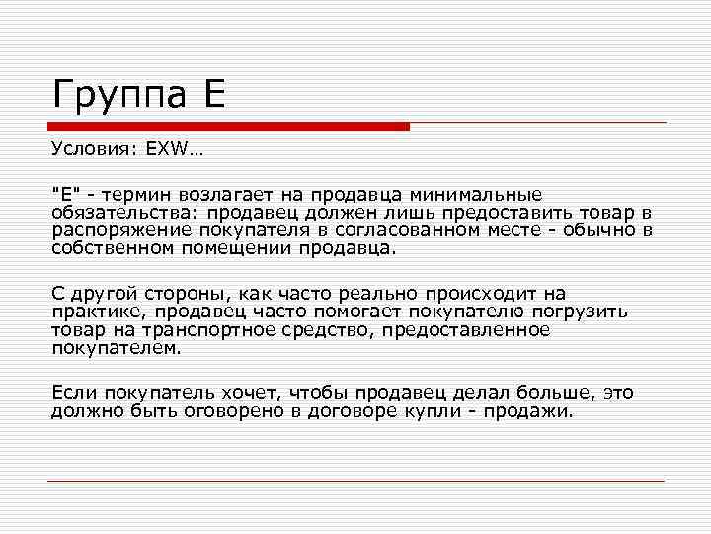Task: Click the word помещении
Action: point(238,249)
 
